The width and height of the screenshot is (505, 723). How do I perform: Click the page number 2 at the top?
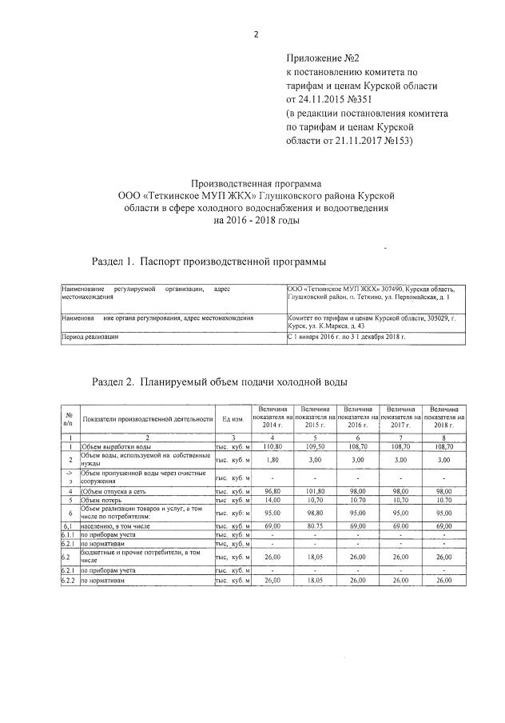255,34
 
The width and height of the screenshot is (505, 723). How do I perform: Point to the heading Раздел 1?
117,262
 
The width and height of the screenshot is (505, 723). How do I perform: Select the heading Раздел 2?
117,381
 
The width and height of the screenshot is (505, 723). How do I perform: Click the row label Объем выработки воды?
115,446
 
